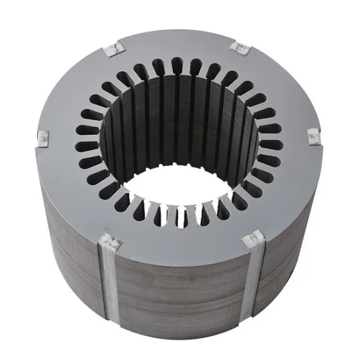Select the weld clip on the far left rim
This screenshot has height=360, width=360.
click(x=43, y=138)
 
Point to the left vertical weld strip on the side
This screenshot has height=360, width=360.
click(x=111, y=291)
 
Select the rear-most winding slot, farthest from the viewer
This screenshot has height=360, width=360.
click(x=176, y=66)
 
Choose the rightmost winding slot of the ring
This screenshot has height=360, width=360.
click(x=271, y=144)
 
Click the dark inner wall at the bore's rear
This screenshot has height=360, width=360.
click(x=174, y=116)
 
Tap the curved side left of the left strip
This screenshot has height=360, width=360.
click(x=70, y=256)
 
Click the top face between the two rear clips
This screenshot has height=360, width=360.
click(x=174, y=44)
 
